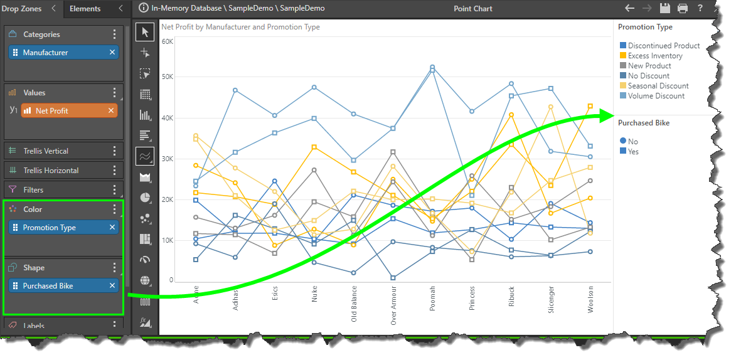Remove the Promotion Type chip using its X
pos(112,228)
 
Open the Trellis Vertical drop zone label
pos(46,151)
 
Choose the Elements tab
pos(85,9)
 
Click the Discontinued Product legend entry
pos(664,46)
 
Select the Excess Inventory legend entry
pos(655,56)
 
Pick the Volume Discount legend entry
pos(656,96)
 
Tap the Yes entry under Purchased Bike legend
pos(632,152)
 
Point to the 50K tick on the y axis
pos(168,77)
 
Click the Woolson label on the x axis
pos(590,298)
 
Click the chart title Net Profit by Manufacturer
pos(240,28)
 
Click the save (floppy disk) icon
pos(666,9)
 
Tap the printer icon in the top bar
pos(683,9)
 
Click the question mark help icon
pos(700,9)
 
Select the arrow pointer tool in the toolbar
pos(145,32)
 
